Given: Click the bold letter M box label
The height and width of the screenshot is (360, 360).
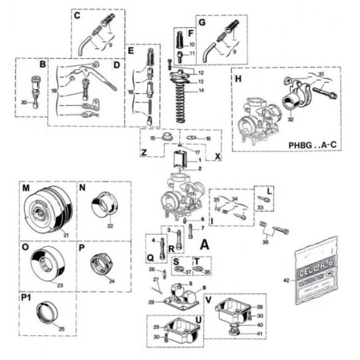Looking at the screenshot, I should [x=26, y=188].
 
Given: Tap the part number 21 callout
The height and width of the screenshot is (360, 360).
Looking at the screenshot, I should [x=66, y=234].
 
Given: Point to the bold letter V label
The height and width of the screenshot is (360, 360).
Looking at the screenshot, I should [x=209, y=302].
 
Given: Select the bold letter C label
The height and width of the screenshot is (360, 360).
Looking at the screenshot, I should [x=77, y=15].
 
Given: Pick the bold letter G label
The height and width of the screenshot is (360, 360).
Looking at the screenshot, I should [x=202, y=24].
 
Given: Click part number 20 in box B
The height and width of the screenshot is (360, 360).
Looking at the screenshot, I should [x=24, y=103].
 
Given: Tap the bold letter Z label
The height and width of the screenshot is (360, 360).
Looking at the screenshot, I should [x=143, y=152].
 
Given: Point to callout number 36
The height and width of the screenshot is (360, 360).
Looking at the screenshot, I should [x=266, y=243].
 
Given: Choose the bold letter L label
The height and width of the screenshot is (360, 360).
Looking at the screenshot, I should [x=270, y=192].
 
